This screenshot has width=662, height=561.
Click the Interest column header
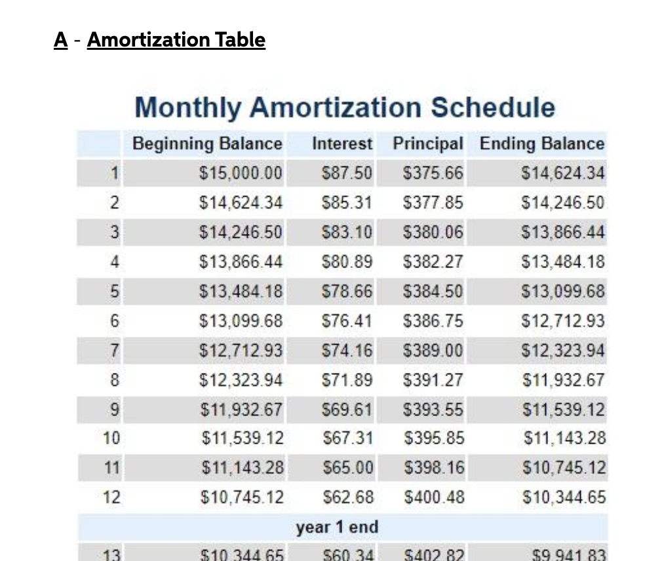coord(342,144)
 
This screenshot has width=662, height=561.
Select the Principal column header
coord(428,144)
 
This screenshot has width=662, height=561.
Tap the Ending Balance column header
coord(542,144)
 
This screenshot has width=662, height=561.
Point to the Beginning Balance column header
coord(207,144)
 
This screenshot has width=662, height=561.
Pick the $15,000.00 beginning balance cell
coord(241,174)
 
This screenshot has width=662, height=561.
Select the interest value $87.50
coord(347,174)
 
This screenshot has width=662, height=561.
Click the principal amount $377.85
coord(433,203)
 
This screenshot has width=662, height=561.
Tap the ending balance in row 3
coord(563,233)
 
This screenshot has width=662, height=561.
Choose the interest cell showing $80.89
coord(347,262)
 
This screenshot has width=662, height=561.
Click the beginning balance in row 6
coord(241,321)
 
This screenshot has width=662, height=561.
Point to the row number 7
coord(113,351)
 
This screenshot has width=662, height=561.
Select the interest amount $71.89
coord(347,380)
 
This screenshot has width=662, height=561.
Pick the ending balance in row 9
coord(563,410)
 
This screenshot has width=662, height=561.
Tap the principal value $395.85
coord(434,438)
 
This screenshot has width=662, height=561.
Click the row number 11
coord(112,468)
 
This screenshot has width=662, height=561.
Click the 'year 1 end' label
coord(337,527)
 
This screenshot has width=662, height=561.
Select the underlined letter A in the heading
coord(61,40)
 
